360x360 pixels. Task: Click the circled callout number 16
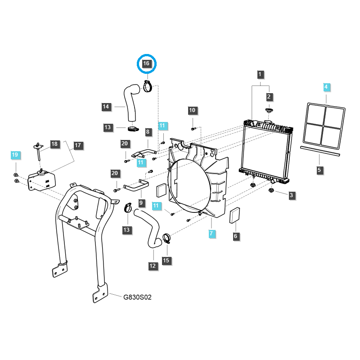(x=146, y=63)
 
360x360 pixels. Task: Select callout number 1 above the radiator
(x=260, y=74)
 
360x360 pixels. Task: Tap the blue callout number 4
(x=326, y=87)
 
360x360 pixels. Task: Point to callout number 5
(x=319, y=170)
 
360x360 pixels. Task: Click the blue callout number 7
(x=211, y=234)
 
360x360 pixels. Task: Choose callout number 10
(x=192, y=110)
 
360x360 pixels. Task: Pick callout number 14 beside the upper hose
(x=106, y=107)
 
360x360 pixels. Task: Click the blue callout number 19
(x=15, y=155)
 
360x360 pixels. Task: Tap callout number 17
(x=78, y=145)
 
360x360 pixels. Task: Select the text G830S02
(x=137, y=297)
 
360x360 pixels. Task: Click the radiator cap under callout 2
(x=269, y=110)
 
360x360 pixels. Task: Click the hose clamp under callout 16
(x=148, y=86)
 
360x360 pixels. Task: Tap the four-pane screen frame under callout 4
(x=324, y=126)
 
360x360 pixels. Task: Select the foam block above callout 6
(x=235, y=215)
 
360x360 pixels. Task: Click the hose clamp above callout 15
(x=166, y=238)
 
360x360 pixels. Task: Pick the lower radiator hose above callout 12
(x=148, y=227)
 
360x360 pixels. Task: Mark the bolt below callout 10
(x=193, y=129)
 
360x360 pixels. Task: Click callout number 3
(x=291, y=195)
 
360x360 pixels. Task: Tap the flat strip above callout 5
(x=320, y=151)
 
